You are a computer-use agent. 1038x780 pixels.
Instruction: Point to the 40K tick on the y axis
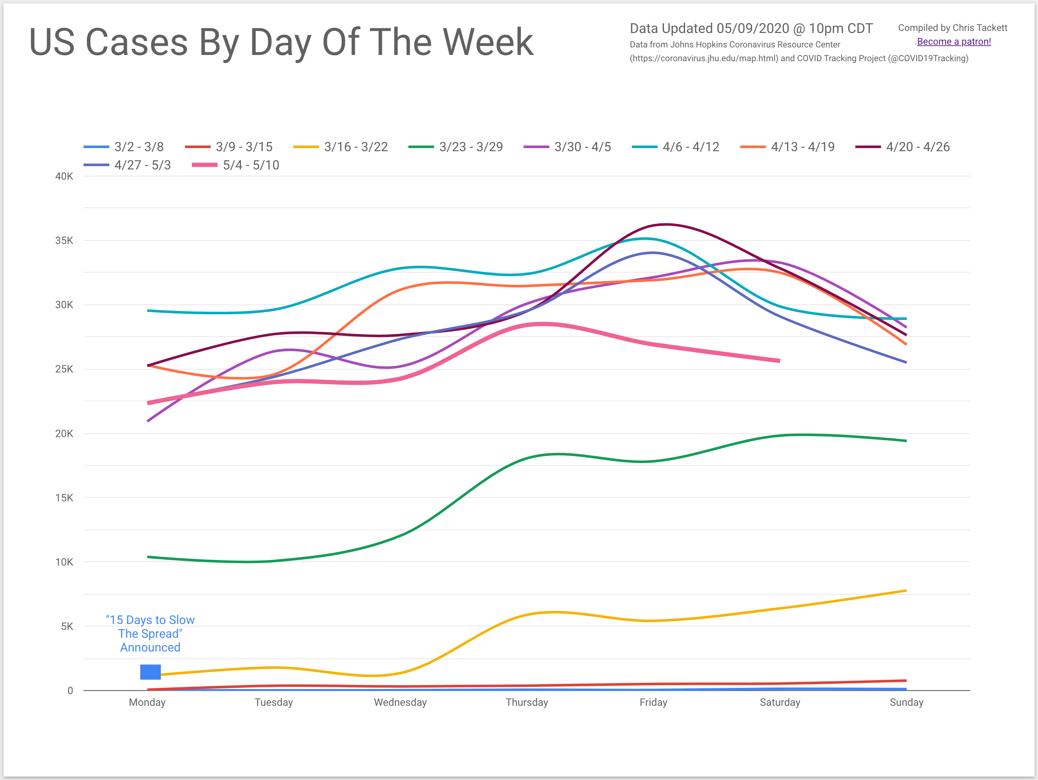point(64,176)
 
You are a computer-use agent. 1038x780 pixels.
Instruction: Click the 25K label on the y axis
point(64,369)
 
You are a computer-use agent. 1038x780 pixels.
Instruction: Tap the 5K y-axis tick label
point(67,626)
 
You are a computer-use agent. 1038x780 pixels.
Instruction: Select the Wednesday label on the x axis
point(400,702)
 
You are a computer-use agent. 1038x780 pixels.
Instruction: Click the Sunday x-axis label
point(906,702)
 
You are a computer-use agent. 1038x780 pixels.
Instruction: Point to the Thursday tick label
point(527,702)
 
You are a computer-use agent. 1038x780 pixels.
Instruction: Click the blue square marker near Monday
point(150,672)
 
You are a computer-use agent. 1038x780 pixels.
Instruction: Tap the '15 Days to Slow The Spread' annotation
point(150,634)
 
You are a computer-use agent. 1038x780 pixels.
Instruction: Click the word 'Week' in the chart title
point(488,42)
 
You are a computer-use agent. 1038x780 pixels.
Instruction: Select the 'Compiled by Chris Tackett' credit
point(953,28)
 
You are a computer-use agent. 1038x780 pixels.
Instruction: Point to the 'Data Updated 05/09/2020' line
point(751,29)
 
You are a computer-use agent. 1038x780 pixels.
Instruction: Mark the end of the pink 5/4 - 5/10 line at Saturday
point(779,361)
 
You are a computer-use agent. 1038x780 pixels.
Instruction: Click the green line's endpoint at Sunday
point(906,441)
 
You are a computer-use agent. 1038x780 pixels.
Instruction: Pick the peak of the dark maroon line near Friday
point(666,224)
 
